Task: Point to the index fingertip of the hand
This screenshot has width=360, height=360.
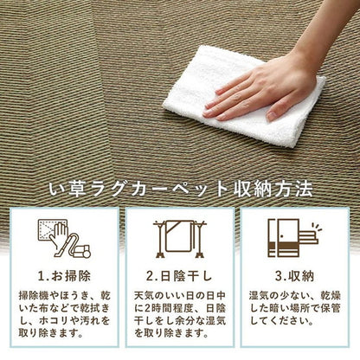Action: click(x=208, y=110)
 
